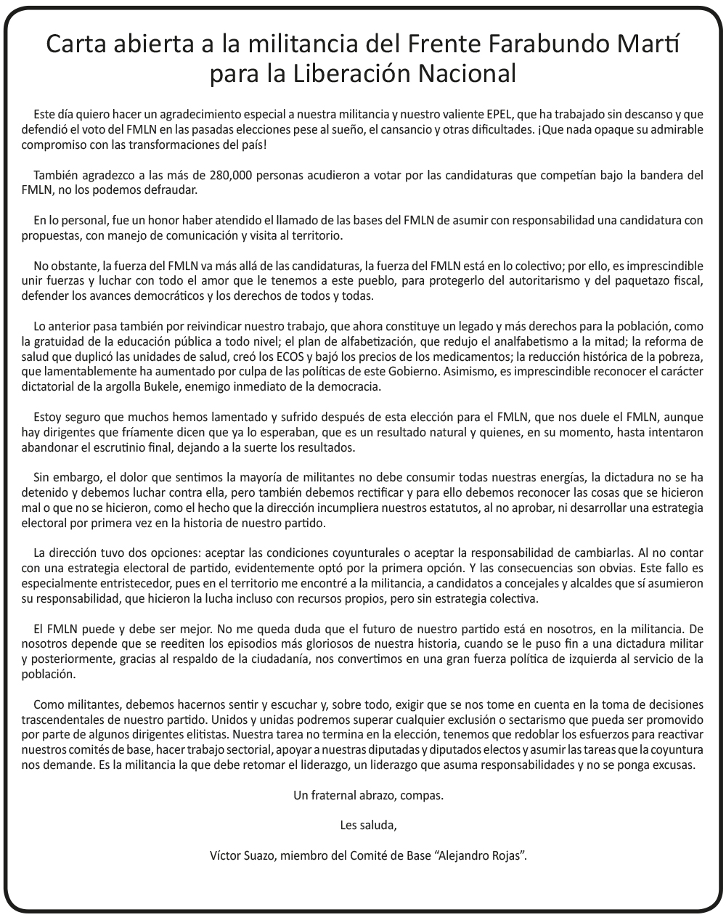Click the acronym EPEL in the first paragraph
499,115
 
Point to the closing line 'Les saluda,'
368,825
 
